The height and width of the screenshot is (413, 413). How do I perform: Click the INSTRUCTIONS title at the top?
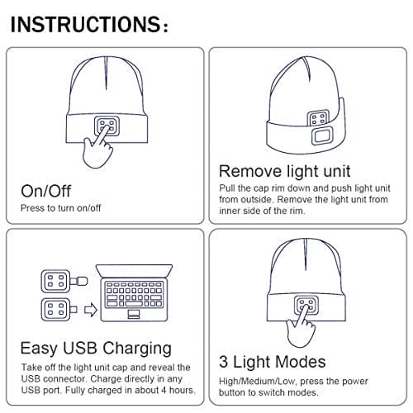[89, 24]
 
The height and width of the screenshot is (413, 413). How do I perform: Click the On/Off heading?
[46, 191]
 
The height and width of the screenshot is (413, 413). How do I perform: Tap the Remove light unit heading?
[285, 172]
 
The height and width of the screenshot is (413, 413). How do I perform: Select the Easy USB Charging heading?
[96, 349]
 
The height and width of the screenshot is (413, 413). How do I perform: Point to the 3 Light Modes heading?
[273, 362]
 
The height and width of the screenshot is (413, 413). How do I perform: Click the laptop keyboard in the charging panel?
[134, 294]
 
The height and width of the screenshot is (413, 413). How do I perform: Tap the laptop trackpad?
[134, 314]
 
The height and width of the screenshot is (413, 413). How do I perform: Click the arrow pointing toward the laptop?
[91, 310]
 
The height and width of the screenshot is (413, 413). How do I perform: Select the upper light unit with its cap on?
[64, 281]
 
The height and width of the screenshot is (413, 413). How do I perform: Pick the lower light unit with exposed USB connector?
[59, 310]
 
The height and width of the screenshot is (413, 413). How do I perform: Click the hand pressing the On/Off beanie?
[98, 149]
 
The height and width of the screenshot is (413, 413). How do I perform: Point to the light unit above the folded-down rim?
[318, 118]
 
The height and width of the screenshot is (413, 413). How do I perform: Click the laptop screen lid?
[134, 271]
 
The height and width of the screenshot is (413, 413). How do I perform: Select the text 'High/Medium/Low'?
[257, 382]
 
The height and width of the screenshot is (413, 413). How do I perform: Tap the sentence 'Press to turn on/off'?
[61, 208]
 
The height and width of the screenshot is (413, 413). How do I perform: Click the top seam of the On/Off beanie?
[106, 74]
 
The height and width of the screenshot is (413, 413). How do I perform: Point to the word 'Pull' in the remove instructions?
[227, 188]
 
